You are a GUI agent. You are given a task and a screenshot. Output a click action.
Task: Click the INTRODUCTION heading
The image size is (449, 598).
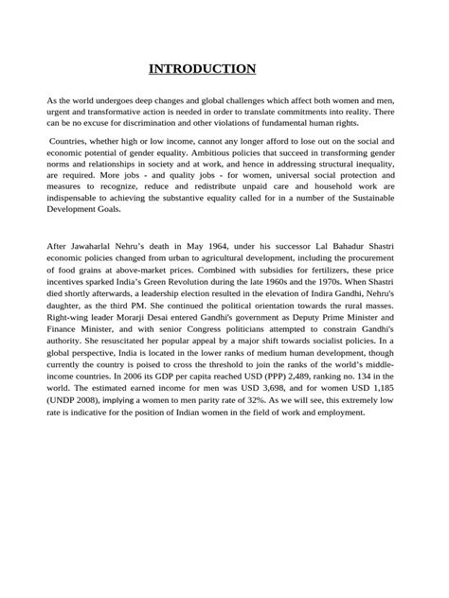pyautogui.click(x=203, y=68)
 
